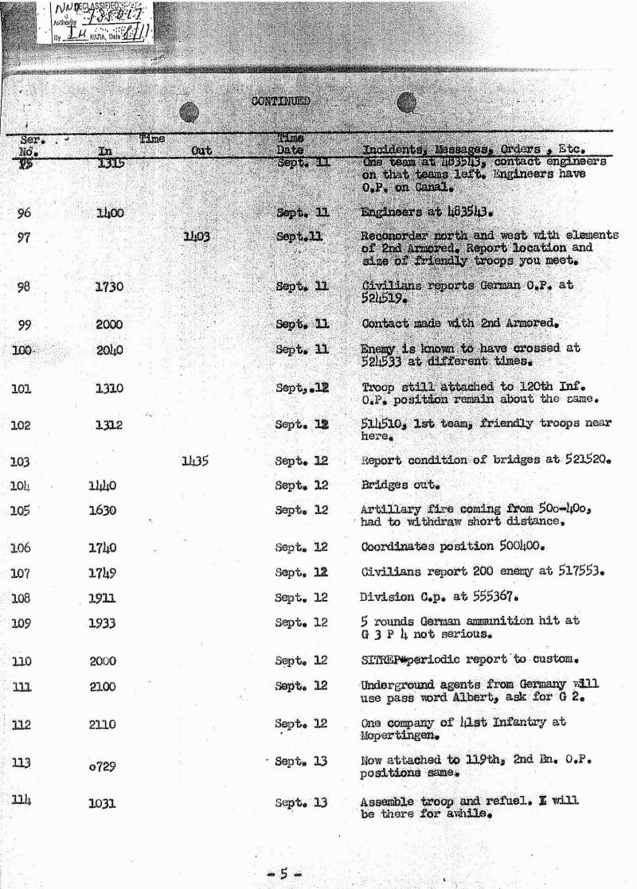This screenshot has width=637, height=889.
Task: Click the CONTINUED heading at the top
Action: pyautogui.click(x=279, y=101)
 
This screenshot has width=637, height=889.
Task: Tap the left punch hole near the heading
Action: pyautogui.click(x=189, y=113)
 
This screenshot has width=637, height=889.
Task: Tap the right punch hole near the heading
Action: pyautogui.click(x=407, y=103)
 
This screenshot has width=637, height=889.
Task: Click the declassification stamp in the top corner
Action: pyautogui.click(x=95, y=21)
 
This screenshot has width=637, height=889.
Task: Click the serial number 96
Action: pyautogui.click(x=24, y=213)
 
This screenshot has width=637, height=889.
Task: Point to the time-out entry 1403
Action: pyautogui.click(x=195, y=236)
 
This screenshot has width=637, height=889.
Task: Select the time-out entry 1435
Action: pyautogui.click(x=195, y=459)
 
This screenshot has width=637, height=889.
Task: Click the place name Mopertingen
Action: pyautogui.click(x=397, y=736)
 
